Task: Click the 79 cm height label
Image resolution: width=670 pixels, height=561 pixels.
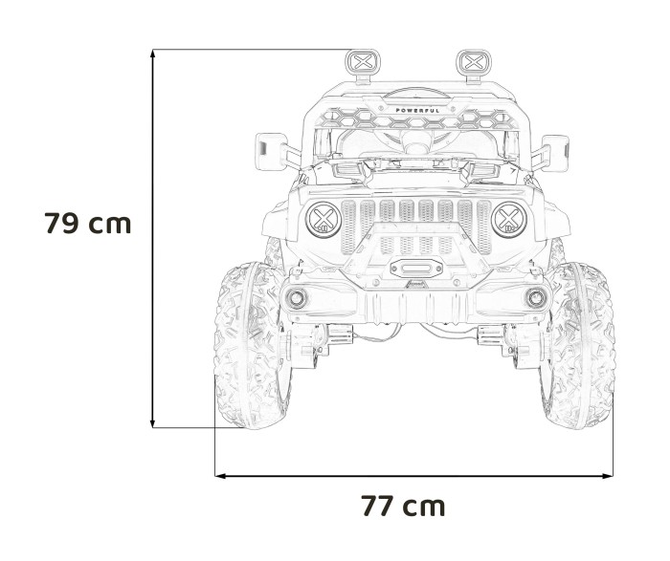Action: tap(87, 224)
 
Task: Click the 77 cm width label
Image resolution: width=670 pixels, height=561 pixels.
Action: tap(403, 506)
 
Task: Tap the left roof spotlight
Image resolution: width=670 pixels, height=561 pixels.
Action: tap(362, 63)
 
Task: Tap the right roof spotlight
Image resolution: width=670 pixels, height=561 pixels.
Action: tap(470, 63)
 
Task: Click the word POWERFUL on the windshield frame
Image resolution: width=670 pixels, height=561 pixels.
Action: tap(418, 111)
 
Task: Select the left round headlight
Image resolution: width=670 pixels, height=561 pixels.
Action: tap(324, 220)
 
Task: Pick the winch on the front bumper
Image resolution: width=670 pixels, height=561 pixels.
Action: tap(413, 270)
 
